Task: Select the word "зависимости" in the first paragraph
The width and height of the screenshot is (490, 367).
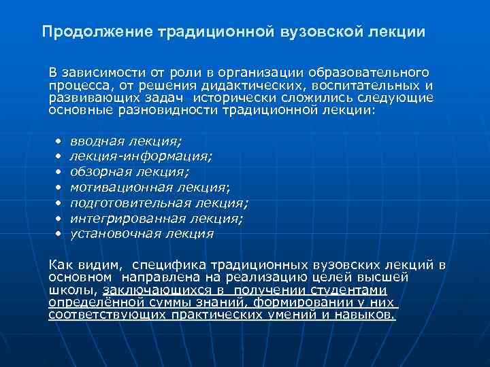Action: point(95,72)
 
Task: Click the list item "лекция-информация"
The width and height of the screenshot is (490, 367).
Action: point(141,157)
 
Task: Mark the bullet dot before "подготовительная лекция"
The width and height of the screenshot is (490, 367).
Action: point(59,203)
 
